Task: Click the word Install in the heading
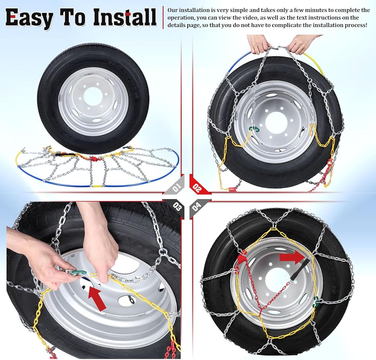pos(125,17)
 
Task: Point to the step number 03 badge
pos(177,206)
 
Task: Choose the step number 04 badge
pos(196,206)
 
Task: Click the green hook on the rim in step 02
pos(254,129)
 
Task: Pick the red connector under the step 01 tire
pos(94,159)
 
